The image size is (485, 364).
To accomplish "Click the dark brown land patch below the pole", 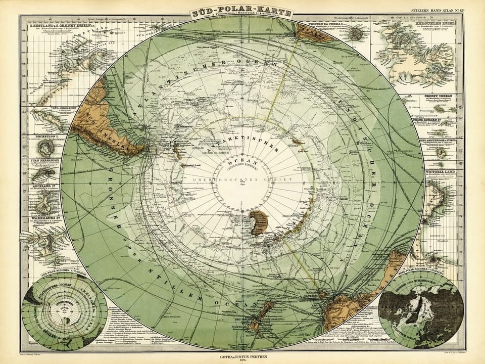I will coord(259,220).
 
